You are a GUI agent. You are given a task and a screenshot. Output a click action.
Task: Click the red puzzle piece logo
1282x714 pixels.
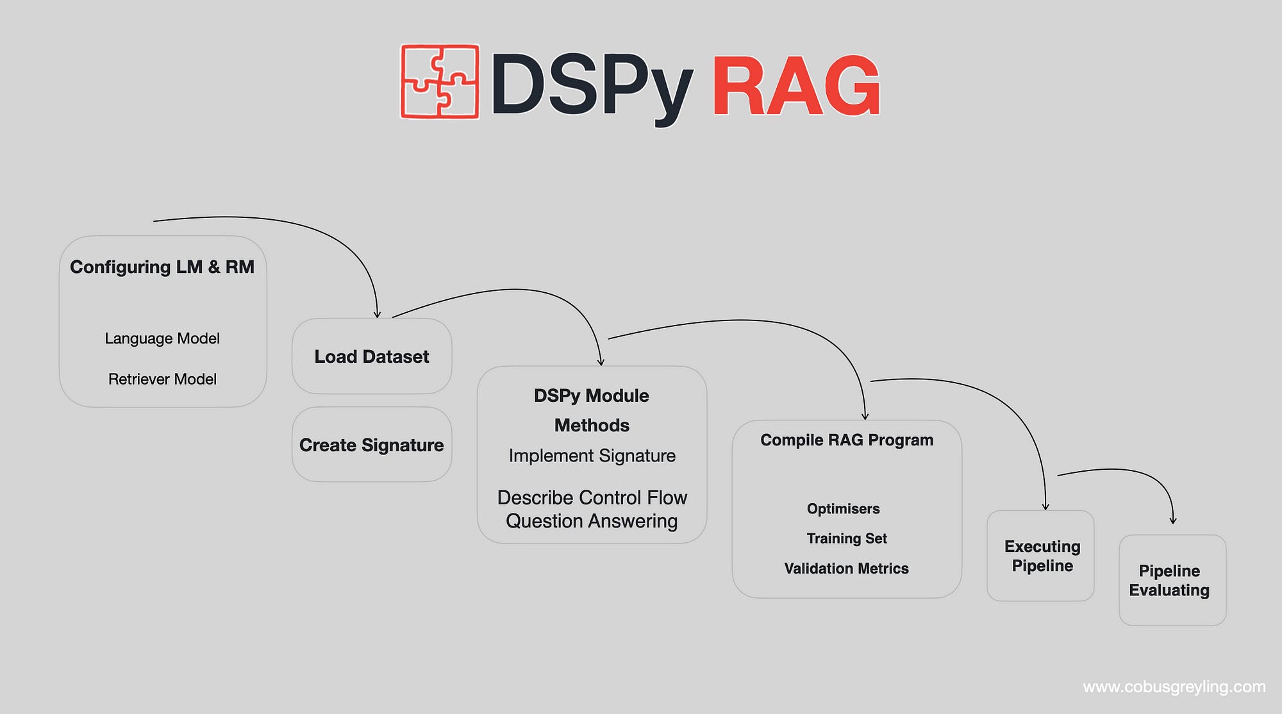[440, 81]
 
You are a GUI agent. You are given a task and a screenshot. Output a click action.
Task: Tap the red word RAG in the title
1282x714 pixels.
[796, 86]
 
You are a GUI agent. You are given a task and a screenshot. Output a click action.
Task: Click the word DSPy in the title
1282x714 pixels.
[591, 86]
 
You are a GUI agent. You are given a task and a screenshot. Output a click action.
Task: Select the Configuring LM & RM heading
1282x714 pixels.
[162, 267]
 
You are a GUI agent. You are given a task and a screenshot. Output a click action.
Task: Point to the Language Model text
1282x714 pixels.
[162, 338]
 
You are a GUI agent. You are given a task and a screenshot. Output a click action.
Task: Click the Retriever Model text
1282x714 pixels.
[162, 379]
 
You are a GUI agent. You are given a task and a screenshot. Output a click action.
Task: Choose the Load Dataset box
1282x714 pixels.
[372, 356]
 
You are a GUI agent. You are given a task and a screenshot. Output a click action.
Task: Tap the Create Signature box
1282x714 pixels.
[372, 445]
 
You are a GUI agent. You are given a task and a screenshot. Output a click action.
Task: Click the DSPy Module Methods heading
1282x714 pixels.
[592, 410]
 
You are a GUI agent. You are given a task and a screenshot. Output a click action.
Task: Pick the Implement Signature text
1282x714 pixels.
[592, 456]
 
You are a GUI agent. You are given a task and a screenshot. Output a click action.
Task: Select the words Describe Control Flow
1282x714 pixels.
[592, 497]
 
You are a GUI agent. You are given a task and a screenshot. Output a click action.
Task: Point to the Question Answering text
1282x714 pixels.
[592, 521]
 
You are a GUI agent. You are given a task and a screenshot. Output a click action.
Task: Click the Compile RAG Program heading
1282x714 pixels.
[847, 440]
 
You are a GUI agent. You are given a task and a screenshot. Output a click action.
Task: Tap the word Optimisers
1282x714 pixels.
[844, 509]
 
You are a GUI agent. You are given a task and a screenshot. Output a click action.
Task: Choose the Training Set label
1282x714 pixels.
[847, 538]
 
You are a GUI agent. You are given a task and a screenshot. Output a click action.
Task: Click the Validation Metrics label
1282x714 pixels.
[847, 569]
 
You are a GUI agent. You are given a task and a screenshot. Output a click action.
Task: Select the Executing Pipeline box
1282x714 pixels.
[1041, 556]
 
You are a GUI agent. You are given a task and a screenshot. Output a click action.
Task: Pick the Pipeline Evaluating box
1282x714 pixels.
[1172, 580]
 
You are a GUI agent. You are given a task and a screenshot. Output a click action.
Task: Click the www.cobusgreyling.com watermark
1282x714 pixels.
[1174, 687]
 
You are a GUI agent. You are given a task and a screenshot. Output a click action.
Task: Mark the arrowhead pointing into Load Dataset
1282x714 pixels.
[377, 315]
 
